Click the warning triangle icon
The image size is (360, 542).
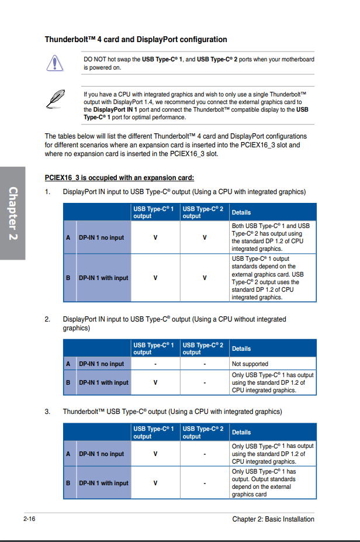point(54,61)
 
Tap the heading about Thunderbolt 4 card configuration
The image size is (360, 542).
point(136,40)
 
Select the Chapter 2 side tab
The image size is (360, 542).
point(12,213)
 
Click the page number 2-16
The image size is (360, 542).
point(30,519)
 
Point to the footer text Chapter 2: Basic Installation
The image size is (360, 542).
point(273,519)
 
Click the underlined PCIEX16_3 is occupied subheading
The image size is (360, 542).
point(119,177)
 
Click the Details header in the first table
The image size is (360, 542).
point(241,212)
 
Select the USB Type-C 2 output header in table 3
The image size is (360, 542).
point(203,432)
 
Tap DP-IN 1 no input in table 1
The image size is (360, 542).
point(101,237)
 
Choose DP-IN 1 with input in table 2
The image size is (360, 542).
point(103,382)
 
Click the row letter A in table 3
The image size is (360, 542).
point(68,454)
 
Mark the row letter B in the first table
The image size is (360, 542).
point(68,278)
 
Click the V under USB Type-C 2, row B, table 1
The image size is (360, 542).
point(205,278)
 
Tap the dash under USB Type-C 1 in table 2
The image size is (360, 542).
point(155,364)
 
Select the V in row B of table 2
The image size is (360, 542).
point(155,382)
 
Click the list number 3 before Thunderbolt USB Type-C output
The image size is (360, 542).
point(47,412)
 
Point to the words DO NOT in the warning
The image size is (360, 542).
point(95,60)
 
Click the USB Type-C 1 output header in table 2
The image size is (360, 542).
point(154,348)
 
